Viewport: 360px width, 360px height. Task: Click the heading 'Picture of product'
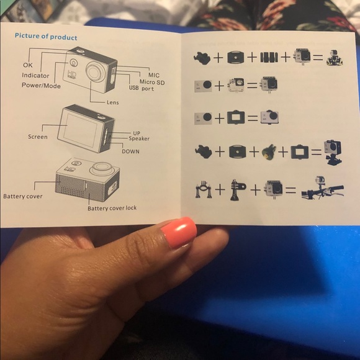point(46,37)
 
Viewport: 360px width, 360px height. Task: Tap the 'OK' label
point(28,65)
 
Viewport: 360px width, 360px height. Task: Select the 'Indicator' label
point(35,75)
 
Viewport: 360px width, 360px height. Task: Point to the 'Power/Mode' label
point(41,86)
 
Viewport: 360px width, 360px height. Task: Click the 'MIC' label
point(154,75)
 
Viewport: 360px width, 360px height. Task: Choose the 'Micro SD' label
point(152,82)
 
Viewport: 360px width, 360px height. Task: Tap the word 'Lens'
point(113,102)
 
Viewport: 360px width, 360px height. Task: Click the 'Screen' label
point(38,137)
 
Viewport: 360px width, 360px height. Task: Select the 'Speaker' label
point(139,138)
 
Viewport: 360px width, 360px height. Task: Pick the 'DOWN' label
point(130,151)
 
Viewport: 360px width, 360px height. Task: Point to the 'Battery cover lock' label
point(112,208)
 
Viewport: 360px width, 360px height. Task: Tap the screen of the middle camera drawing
point(80,130)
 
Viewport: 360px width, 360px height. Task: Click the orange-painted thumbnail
point(179,232)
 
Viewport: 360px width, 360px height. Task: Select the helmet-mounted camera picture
point(335,58)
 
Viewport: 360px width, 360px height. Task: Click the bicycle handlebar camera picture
point(322,187)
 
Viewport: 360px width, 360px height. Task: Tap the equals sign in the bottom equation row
point(290,190)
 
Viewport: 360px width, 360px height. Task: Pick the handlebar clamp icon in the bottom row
point(203,189)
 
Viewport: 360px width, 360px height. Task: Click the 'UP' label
point(137,133)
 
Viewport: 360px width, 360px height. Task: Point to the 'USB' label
point(133,88)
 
